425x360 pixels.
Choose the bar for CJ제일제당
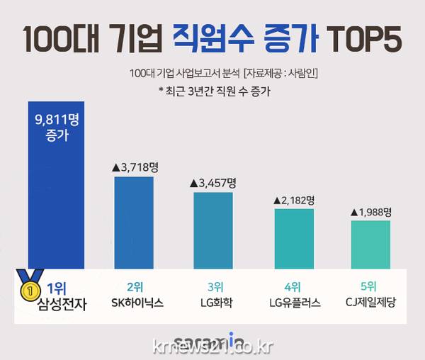(370, 244)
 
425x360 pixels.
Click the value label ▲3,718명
(135, 167)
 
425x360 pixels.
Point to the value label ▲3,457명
(212, 183)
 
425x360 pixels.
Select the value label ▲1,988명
(370, 211)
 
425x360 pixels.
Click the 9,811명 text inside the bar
(56, 120)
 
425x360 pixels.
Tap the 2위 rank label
(135, 287)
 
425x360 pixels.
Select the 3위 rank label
(214, 287)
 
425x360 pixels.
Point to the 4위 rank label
(292, 287)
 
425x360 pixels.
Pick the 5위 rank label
(369, 287)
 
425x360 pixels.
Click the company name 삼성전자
(57, 305)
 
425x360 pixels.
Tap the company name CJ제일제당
(369, 303)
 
